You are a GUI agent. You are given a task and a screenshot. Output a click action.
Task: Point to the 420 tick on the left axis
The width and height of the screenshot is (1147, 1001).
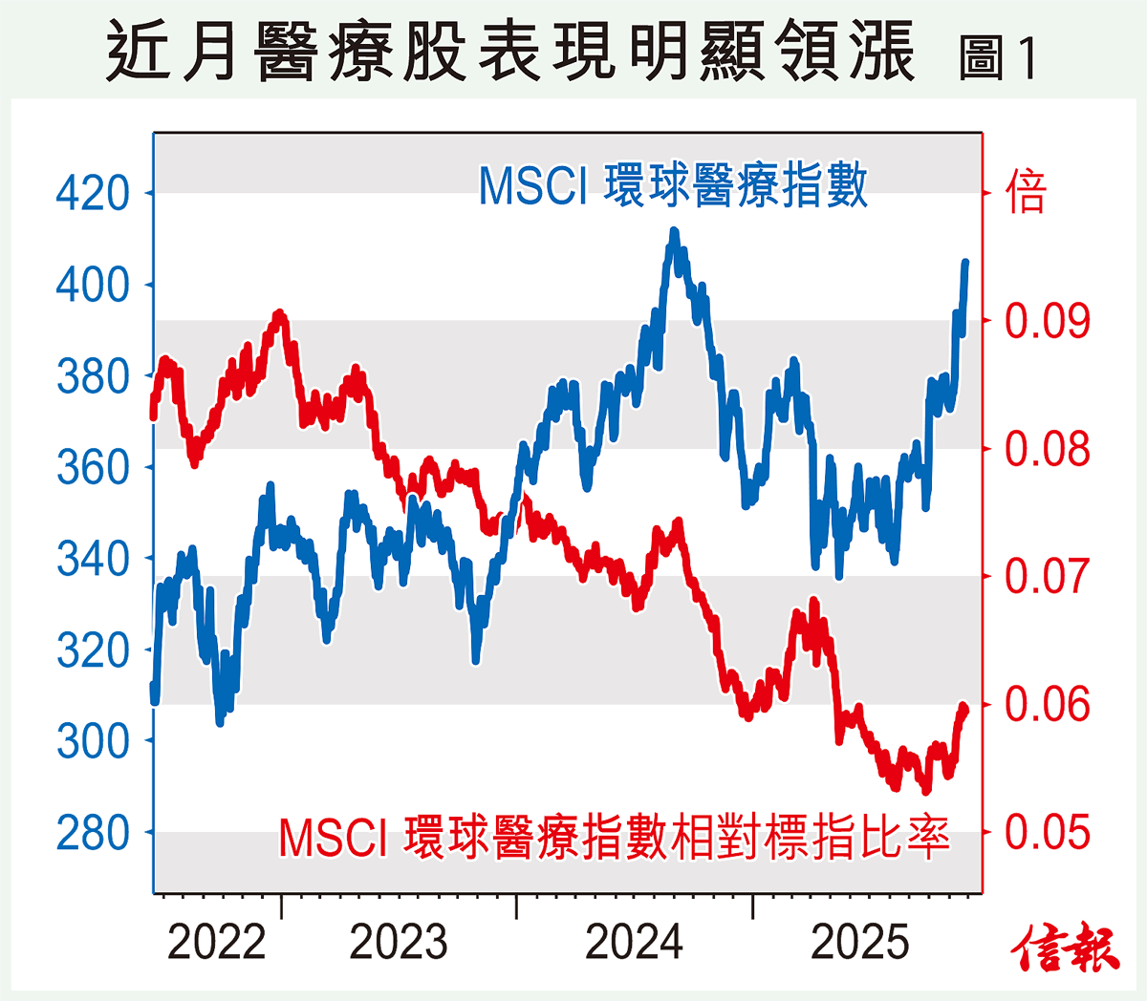tap(93, 193)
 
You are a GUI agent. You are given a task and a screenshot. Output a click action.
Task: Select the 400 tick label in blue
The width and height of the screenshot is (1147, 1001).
tap(93, 285)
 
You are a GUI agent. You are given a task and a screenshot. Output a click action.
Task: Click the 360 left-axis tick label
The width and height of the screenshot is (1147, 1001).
tap(93, 467)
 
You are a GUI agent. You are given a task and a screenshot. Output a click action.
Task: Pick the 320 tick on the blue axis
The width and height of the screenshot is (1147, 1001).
tap(93, 650)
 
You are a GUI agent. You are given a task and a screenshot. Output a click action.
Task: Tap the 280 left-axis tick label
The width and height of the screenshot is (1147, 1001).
tap(93, 833)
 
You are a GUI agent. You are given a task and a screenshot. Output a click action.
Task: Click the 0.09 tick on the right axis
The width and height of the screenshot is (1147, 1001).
tap(1047, 321)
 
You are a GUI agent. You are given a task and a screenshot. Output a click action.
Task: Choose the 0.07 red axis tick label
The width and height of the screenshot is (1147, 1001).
tap(1047, 577)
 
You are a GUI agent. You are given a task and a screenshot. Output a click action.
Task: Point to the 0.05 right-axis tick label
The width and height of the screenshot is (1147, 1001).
tap(1047, 833)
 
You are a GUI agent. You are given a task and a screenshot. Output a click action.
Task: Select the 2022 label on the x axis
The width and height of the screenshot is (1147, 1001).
tap(216, 944)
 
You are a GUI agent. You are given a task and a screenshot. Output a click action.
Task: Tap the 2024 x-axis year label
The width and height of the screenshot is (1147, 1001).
tap(634, 944)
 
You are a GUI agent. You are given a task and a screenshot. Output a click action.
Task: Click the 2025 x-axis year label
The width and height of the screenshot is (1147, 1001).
tap(859, 944)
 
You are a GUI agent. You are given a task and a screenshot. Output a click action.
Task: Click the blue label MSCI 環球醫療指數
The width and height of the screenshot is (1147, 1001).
tap(673, 185)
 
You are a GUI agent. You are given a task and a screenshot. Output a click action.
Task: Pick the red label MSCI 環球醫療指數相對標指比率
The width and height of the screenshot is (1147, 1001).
tap(614, 839)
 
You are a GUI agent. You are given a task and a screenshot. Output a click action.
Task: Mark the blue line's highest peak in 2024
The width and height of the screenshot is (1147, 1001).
tap(675, 232)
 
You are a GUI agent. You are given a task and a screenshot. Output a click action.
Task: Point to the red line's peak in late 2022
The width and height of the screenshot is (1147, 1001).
tap(279, 313)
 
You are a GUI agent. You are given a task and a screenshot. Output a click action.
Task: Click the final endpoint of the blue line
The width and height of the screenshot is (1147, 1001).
tap(965, 262)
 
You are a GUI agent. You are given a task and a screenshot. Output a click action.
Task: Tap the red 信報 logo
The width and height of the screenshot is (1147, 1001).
tap(1066, 948)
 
